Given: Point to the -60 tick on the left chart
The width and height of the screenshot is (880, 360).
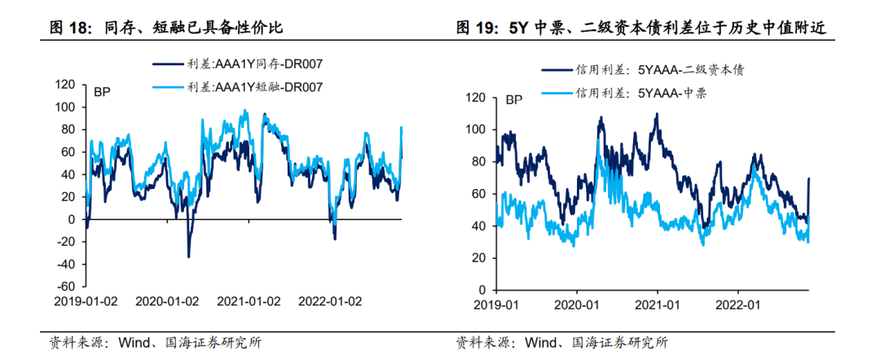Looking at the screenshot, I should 65,287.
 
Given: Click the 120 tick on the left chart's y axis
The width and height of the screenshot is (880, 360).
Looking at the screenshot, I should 65,84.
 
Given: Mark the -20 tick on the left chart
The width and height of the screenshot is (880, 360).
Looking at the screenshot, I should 65,242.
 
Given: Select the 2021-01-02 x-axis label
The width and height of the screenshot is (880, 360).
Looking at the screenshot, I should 249,301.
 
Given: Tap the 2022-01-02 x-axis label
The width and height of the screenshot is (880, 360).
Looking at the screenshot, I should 329,301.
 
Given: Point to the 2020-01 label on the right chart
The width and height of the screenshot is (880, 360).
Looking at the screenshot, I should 576,305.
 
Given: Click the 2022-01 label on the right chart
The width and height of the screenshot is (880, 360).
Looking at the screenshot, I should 737,305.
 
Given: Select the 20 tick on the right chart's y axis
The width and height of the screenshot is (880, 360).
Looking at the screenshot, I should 478,258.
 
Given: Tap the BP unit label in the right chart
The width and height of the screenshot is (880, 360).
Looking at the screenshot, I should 514,101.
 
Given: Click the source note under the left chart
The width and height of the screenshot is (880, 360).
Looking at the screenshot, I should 156,342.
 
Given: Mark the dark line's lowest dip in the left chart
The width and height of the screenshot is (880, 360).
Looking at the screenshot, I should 188,257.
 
